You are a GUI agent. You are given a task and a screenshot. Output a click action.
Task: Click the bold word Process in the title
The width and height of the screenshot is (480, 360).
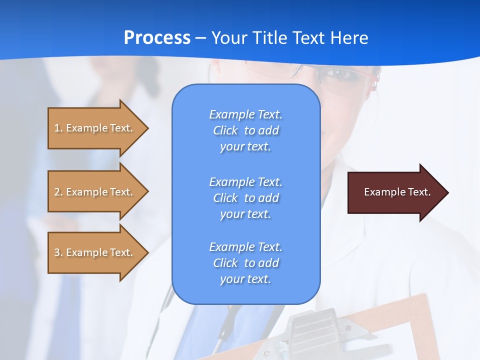(x=157, y=38)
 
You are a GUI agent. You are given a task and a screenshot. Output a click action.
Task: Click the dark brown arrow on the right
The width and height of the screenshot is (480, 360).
(x=395, y=192)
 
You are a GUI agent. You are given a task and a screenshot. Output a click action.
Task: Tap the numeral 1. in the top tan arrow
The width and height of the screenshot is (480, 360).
(x=58, y=128)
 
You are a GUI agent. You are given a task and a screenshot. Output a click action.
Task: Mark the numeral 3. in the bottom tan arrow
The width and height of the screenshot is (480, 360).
(x=58, y=252)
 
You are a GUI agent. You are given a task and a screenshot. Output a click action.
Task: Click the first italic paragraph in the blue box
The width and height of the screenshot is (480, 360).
(x=245, y=130)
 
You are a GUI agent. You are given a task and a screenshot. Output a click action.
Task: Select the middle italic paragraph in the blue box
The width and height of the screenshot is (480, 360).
(x=245, y=198)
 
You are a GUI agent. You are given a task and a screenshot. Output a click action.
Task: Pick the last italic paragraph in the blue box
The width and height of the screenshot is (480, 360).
(x=245, y=263)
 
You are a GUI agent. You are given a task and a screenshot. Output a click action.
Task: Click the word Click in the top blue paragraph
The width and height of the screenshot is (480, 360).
(x=225, y=130)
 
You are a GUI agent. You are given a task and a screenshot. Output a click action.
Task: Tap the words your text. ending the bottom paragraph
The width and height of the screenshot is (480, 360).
(x=245, y=279)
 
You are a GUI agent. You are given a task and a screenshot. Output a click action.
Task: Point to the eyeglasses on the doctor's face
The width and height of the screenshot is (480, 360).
(x=345, y=80)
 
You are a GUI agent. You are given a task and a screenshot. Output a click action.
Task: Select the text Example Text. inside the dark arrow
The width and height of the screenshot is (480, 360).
(x=397, y=192)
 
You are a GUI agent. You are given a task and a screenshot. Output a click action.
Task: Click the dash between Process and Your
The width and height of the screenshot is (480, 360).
(x=201, y=38)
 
